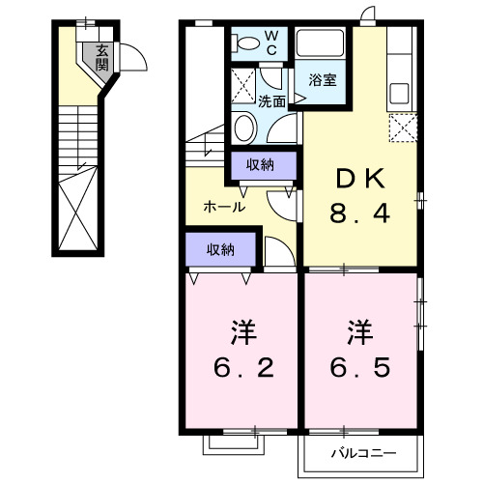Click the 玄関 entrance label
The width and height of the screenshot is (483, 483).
[x=101, y=60]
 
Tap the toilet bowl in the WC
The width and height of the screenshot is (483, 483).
[x=245, y=42]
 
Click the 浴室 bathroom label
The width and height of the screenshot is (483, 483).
[x=323, y=80]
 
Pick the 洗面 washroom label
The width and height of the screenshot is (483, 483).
[x=271, y=100]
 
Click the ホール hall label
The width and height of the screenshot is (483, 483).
[x=224, y=206]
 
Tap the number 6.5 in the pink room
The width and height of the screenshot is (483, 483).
[x=362, y=368]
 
